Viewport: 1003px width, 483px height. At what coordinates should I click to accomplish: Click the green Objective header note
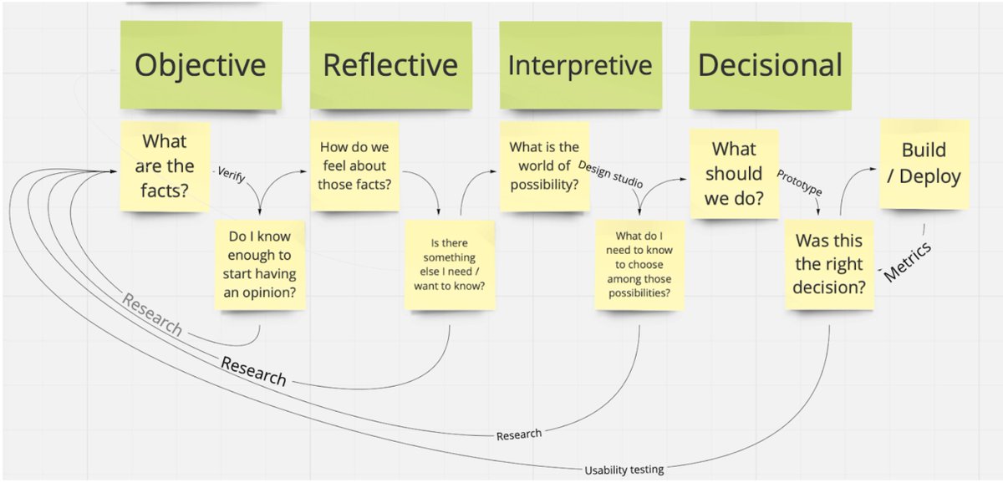tap(200, 65)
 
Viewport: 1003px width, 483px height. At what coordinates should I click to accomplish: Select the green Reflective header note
tap(389, 65)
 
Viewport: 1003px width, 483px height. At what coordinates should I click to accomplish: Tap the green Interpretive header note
tap(580, 65)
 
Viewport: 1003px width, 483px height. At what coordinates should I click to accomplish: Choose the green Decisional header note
tap(770, 65)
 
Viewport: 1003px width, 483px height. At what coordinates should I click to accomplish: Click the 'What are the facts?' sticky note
tap(164, 165)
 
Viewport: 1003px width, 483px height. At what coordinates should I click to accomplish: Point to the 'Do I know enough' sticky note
tap(259, 264)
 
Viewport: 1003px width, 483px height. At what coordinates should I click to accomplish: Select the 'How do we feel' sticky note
tap(354, 165)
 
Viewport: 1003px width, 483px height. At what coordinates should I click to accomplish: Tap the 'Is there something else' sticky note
tap(449, 264)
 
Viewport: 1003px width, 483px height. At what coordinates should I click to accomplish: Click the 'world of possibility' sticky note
tap(544, 165)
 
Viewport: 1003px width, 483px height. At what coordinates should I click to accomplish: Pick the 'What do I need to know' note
tap(639, 264)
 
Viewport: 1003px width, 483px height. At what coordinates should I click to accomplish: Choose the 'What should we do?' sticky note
tap(735, 174)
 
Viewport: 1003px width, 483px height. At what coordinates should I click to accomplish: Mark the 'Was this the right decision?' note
tap(830, 264)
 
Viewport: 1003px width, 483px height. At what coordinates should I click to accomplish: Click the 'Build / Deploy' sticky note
tap(924, 164)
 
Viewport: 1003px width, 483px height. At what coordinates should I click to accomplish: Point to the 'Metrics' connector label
tap(907, 262)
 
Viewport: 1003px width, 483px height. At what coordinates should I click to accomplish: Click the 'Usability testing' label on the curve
tap(624, 470)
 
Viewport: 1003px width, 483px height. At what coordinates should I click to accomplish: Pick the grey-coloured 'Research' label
tap(152, 314)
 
